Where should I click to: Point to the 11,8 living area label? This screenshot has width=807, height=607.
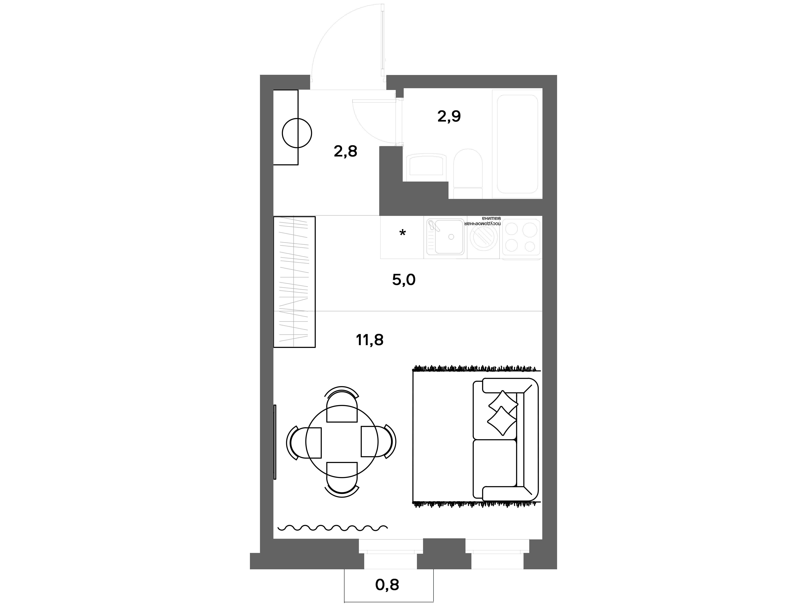(370, 340)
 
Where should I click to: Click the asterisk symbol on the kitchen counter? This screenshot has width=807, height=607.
(402, 233)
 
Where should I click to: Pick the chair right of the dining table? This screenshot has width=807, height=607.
(378, 442)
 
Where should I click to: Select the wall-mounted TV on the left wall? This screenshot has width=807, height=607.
(275, 442)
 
